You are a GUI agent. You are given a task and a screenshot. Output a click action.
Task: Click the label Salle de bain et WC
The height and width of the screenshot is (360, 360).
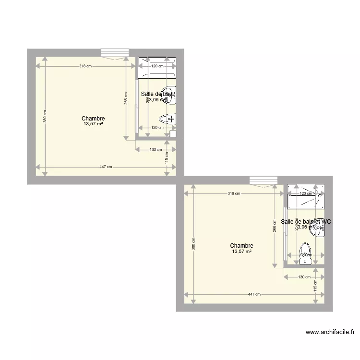tap(306, 222)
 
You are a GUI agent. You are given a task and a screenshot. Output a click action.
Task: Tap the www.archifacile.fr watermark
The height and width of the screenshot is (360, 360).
tap(330, 332)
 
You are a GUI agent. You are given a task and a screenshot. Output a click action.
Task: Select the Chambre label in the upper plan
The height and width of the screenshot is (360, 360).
tap(93, 119)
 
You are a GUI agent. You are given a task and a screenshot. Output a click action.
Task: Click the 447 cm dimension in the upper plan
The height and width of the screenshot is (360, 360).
tap(106, 167)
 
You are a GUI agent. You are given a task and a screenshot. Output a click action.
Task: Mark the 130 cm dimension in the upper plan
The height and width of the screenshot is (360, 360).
tap(156, 150)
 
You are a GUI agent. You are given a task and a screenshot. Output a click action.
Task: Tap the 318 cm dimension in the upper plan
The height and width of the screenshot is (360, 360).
tap(85, 66)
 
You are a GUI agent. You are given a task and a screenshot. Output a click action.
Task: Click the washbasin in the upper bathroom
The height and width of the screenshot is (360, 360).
tap(169, 95)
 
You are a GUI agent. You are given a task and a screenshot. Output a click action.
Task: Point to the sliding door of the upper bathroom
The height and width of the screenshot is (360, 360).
tap(137, 108)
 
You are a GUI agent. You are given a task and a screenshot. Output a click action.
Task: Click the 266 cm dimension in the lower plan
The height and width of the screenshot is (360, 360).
tap(274, 229)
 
